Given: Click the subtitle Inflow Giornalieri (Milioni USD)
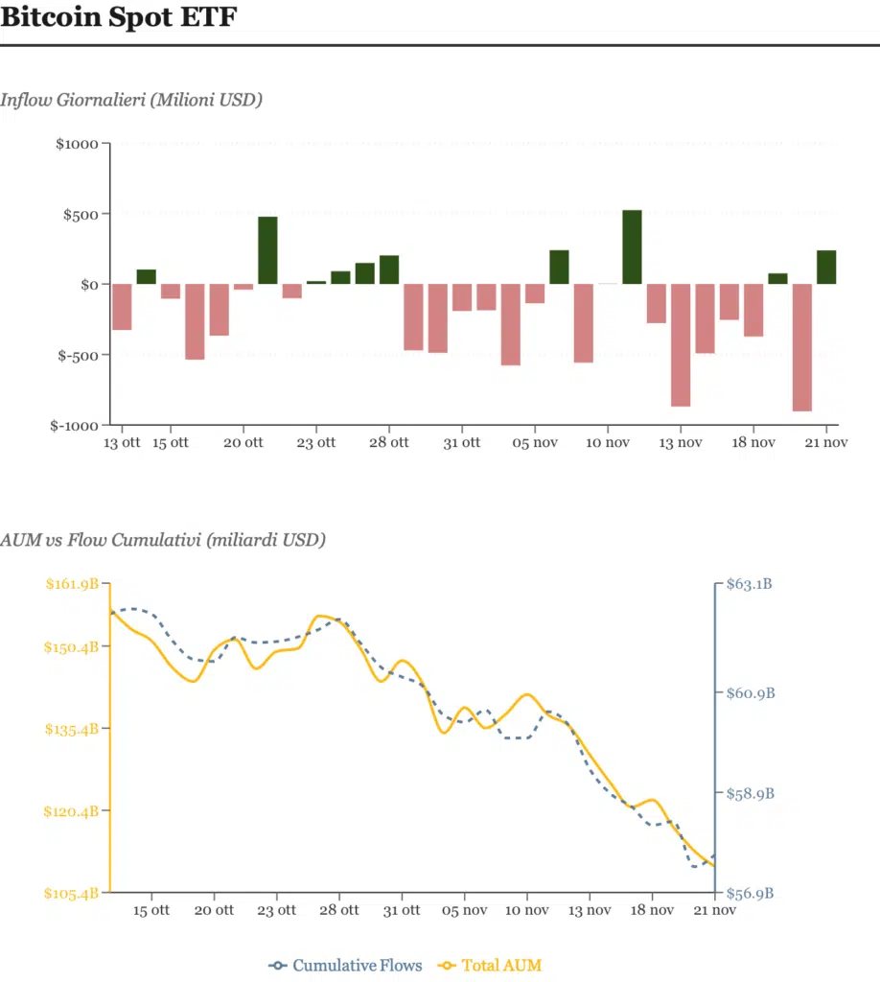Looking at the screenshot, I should point(131,100).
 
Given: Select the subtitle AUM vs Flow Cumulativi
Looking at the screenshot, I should point(163,540).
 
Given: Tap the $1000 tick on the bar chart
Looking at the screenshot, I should point(76,144).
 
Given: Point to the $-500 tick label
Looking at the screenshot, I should point(78,355).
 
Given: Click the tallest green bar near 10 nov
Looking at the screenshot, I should point(632,247).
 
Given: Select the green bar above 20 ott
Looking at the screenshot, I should point(267,250).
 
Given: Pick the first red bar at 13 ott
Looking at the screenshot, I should point(122,307).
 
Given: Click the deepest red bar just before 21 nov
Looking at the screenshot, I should point(802,347).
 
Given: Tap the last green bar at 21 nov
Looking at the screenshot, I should point(826,268).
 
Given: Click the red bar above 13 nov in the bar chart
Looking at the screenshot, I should point(681,345).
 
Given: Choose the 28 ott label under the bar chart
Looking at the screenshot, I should point(388,443).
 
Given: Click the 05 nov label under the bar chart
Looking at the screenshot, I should point(534,443).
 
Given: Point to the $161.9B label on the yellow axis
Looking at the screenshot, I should point(72,583).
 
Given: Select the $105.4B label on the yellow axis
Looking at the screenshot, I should point(72,894).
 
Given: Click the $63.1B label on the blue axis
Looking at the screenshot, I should point(751,583).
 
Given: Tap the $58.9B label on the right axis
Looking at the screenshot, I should point(751,794).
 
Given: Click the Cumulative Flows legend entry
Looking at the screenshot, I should point(346,965).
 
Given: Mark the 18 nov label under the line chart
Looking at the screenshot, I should point(651,910).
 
